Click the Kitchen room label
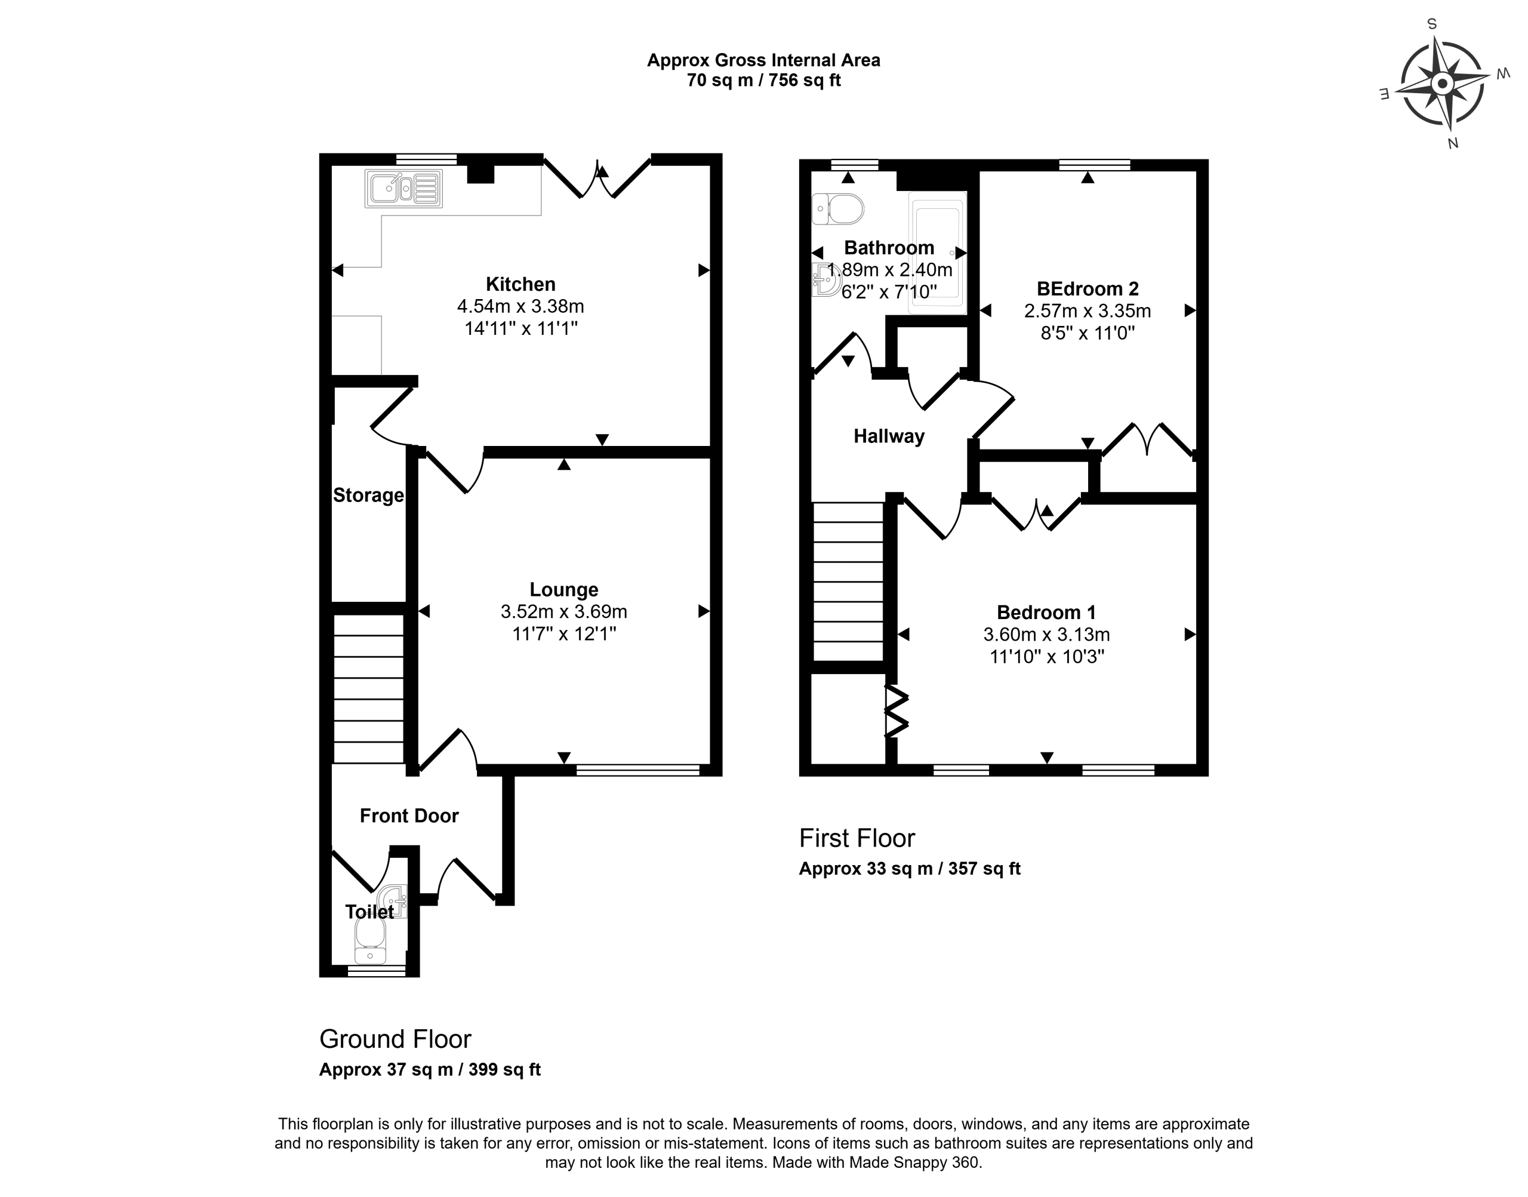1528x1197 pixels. click(520, 284)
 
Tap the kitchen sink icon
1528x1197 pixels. click(403, 189)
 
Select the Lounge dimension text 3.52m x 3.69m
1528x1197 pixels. click(564, 612)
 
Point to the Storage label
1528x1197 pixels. click(368, 496)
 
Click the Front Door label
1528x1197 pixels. click(409, 816)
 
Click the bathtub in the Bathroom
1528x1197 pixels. click(936, 253)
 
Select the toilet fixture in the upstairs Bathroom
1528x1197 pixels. click(838, 209)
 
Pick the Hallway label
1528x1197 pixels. click(889, 436)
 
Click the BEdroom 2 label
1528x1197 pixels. click(1088, 289)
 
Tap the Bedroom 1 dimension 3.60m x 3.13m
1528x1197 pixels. click(1047, 635)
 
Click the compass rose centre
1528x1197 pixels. click(1442, 85)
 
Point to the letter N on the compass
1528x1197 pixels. click(1453, 144)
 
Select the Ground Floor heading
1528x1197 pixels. click(395, 1039)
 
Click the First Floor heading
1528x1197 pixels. click(857, 838)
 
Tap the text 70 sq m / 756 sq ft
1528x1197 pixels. click(763, 81)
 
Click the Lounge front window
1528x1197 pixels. click(637, 771)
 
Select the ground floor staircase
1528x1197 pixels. click(368, 689)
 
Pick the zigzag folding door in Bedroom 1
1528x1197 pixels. click(896, 711)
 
